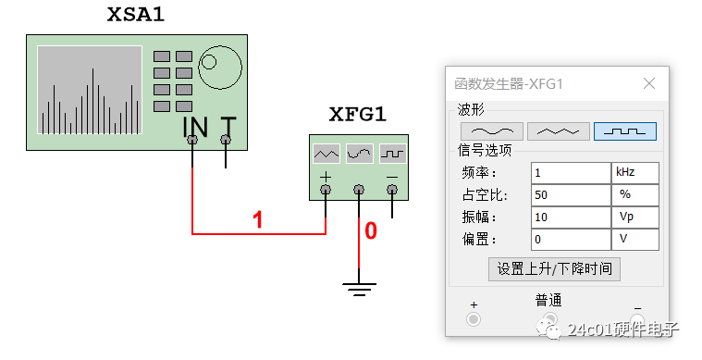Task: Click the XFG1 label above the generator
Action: pos(357,116)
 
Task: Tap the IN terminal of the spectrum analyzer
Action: pos(192,140)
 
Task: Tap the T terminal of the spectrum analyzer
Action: pos(226,140)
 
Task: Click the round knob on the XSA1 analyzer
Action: pos(209,63)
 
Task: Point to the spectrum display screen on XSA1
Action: pos(89,90)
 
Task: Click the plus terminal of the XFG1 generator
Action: pos(326,189)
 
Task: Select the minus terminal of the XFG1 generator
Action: pos(392,189)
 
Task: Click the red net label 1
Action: pos(258,220)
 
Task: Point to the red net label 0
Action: pos(371,231)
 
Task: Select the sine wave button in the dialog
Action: pos(492,130)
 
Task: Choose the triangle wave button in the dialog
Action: pos(559,130)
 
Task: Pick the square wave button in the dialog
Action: pos(625,130)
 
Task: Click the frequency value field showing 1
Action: pos(570,173)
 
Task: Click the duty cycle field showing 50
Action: pos(570,195)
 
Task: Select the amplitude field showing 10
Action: pos(570,217)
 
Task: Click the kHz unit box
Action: pos(635,173)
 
